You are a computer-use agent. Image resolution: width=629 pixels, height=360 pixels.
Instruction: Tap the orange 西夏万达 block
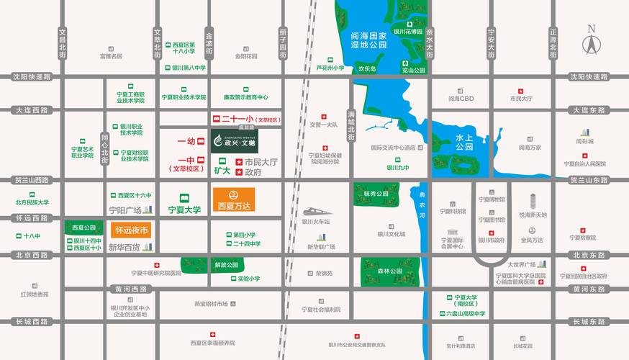(x=233, y=199)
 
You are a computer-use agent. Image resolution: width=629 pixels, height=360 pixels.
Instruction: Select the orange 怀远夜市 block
(x=131, y=230)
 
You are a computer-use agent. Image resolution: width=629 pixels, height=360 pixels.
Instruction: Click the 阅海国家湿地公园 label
(x=363, y=40)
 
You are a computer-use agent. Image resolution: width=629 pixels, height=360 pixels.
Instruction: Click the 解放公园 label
(x=225, y=265)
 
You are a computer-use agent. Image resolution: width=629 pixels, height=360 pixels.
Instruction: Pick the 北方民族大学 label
(x=32, y=202)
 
